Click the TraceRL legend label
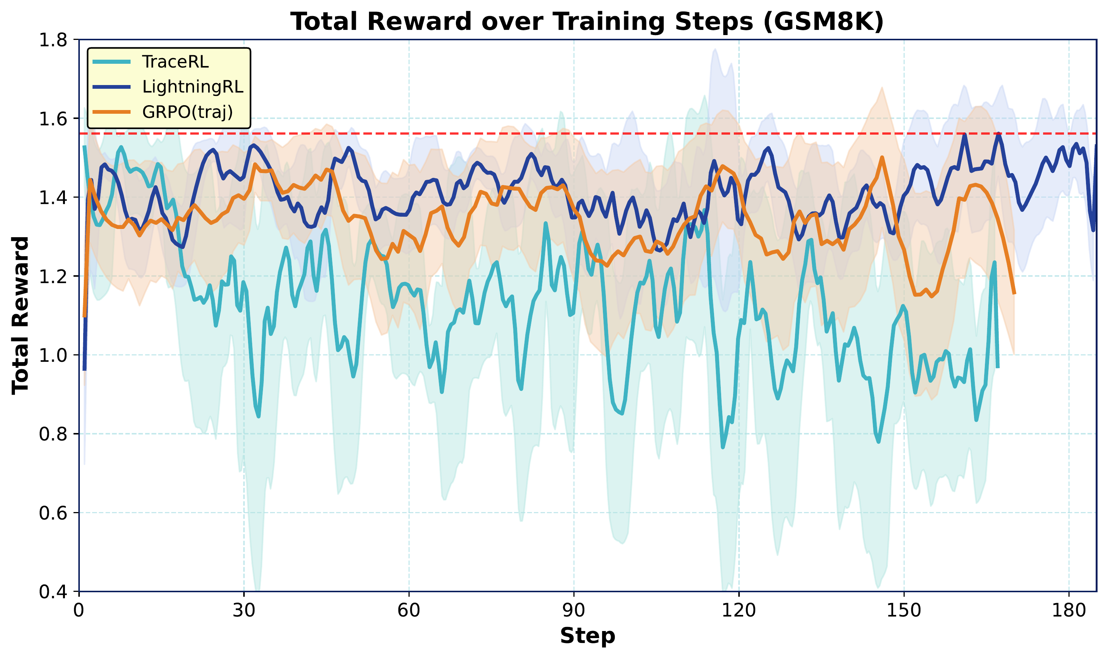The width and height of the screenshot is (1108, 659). [x=175, y=62]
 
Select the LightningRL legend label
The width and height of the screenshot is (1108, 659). [x=193, y=87]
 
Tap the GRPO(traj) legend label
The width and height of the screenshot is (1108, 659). [x=187, y=112]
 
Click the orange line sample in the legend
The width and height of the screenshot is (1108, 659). [x=112, y=112]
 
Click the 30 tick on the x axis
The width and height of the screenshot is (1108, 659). [x=244, y=611]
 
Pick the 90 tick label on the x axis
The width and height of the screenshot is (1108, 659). [x=574, y=611]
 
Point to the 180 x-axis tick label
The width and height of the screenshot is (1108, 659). [x=1068, y=611]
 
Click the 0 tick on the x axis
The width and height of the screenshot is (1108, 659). [x=79, y=611]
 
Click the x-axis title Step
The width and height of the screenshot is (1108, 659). [x=587, y=636]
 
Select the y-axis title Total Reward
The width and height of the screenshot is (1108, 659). [x=21, y=315]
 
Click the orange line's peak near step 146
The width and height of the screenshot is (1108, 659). [x=882, y=157]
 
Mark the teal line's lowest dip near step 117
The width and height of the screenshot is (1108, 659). [x=723, y=448]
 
